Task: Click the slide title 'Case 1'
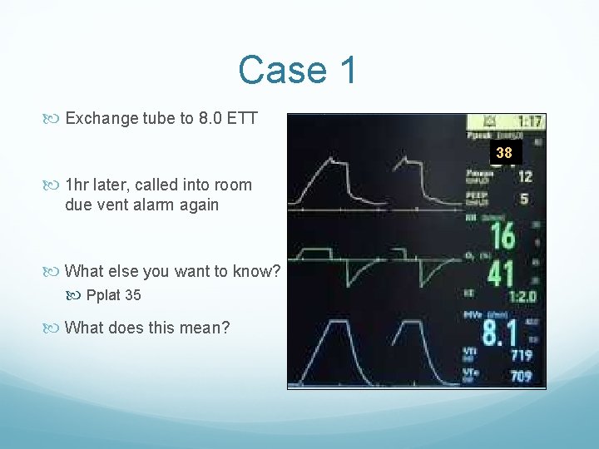[298, 70]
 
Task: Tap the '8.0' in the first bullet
[209, 118]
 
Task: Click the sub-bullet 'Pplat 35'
[113, 295]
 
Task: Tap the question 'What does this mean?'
[146, 328]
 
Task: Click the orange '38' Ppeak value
[504, 153]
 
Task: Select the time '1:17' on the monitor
[527, 121]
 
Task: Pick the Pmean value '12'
[525, 176]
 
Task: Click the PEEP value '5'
[524, 200]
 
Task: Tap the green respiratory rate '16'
[503, 236]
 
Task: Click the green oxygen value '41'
[501, 273]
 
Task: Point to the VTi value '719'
[521, 355]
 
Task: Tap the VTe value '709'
[521, 377]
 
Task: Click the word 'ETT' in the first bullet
[242, 118]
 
